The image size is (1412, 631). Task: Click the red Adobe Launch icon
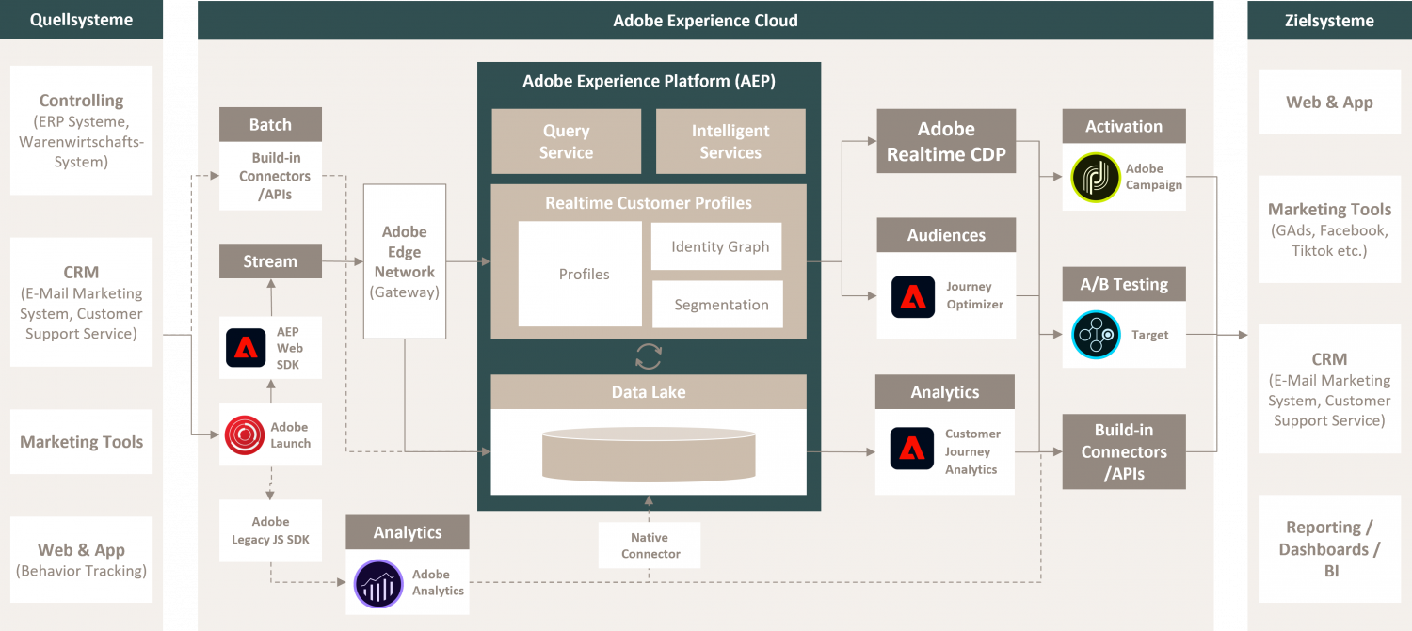[x=245, y=434]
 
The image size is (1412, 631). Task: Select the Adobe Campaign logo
[x=1096, y=178]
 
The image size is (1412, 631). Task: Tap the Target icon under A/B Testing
[x=1096, y=335]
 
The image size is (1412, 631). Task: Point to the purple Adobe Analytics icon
[x=377, y=583]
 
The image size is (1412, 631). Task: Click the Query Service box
[x=566, y=142]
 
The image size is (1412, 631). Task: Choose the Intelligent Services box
[x=730, y=142]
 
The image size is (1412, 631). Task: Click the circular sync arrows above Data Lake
[x=649, y=356]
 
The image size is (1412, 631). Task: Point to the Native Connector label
[x=650, y=545]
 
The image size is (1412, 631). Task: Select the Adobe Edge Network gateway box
[x=405, y=261]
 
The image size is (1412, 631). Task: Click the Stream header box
[x=270, y=261]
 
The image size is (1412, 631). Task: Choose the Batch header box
[x=270, y=125]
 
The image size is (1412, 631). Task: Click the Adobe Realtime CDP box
[x=946, y=141]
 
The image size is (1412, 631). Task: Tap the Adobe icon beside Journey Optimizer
[x=913, y=296]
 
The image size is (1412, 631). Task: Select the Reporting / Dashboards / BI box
[x=1328, y=549]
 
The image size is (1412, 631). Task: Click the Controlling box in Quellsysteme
[x=81, y=130]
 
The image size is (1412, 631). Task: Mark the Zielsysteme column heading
[x=1328, y=20]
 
